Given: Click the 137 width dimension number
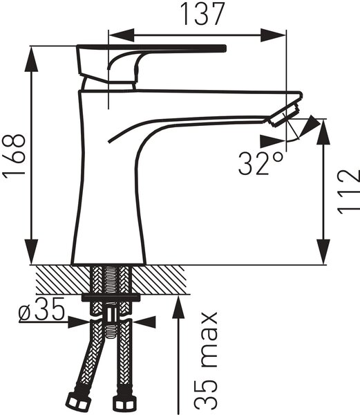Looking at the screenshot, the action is pyautogui.click(x=202, y=14).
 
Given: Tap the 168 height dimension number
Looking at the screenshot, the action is pyautogui.click(x=14, y=155).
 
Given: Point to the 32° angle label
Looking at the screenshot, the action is pyautogui.click(x=260, y=163).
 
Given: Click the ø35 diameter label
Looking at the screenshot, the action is pyautogui.click(x=41, y=309).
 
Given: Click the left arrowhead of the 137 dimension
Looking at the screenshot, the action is pyautogui.click(x=122, y=35).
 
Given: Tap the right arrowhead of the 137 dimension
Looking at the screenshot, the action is pyautogui.click(x=273, y=35).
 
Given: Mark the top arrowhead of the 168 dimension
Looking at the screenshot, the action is pyautogui.click(x=31, y=59).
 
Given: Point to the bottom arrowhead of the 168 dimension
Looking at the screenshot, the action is pyautogui.click(x=31, y=252).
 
